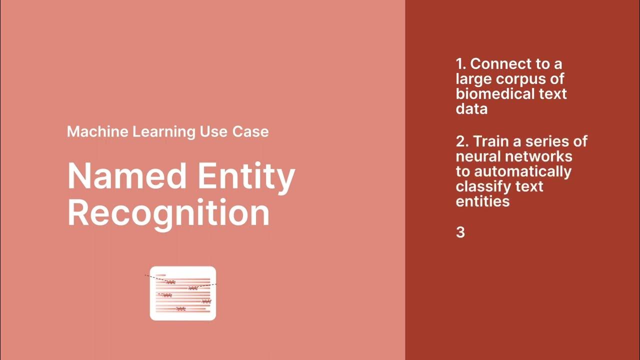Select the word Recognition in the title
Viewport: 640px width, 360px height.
coord(168,213)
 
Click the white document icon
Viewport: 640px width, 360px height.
coord(183,293)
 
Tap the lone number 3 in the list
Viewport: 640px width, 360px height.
coord(460,232)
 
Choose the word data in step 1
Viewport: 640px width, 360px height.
coord(471,109)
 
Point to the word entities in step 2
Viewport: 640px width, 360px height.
coord(482,201)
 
